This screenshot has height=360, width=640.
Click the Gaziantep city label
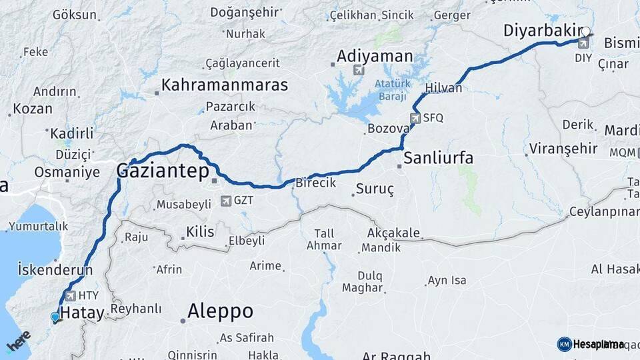click(163, 171)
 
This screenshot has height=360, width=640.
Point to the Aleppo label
click(220, 311)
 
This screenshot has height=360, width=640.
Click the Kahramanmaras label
click(225, 85)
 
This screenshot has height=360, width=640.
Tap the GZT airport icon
click(225, 200)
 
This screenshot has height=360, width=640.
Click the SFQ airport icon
click(416, 118)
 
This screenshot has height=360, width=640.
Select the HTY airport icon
click(70, 295)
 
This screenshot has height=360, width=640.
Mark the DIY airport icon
click(583, 44)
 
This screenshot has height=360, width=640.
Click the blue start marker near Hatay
click(55, 317)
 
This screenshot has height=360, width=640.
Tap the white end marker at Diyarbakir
click(586, 31)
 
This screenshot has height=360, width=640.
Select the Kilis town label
click(200, 232)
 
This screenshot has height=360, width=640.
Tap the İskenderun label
click(55, 270)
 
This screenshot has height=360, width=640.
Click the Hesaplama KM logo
click(591, 344)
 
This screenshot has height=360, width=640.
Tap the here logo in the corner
click(18, 341)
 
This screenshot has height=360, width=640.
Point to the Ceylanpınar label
click(603, 213)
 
